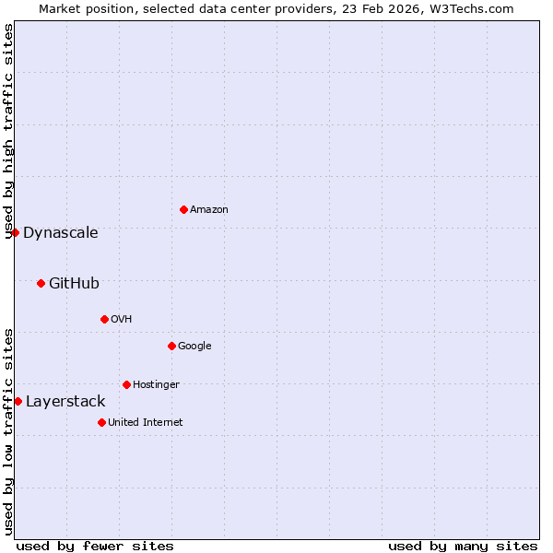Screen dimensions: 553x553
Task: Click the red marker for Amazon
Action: pos(183,209)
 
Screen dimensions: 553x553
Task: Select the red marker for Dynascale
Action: pos(15,232)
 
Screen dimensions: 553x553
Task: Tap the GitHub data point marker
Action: pos(41,283)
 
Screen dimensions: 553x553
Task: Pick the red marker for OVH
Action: pos(104,319)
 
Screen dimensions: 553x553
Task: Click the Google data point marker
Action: pos(171,346)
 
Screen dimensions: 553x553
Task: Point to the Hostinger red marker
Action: pos(126,384)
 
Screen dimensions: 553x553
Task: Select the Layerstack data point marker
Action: pos(18,401)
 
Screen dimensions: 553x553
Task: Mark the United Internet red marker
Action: pos(101,422)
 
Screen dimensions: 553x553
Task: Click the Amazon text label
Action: pos(209,209)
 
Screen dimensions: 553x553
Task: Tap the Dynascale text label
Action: pos(61,232)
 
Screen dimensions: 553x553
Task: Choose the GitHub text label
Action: pos(74,283)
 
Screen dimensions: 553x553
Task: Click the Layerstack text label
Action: pos(65,401)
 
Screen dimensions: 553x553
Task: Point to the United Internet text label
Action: pos(146,422)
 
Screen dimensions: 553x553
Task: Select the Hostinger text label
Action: pos(156,384)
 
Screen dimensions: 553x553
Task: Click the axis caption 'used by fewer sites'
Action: pos(95,546)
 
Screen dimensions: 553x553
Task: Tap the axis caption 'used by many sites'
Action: pos(463,546)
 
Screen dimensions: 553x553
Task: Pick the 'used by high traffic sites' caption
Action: pos(9,131)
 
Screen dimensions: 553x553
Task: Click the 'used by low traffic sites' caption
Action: pos(9,431)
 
